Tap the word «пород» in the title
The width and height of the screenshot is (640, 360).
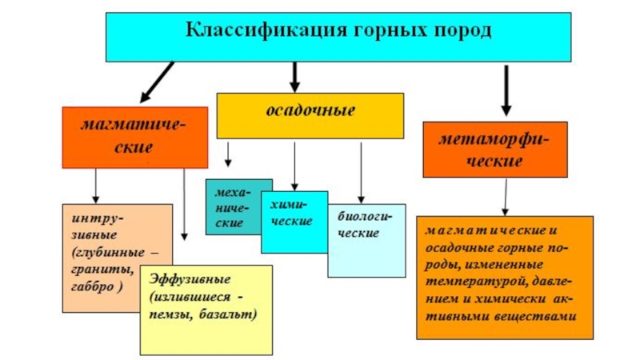[x=460, y=33]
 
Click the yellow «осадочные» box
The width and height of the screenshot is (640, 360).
[x=310, y=114]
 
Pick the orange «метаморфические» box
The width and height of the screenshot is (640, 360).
[x=495, y=150]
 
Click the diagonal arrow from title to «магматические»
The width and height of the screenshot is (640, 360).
[x=157, y=82]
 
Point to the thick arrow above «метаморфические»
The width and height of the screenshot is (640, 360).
[x=506, y=90]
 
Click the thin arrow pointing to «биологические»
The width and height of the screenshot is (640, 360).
[x=361, y=171]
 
